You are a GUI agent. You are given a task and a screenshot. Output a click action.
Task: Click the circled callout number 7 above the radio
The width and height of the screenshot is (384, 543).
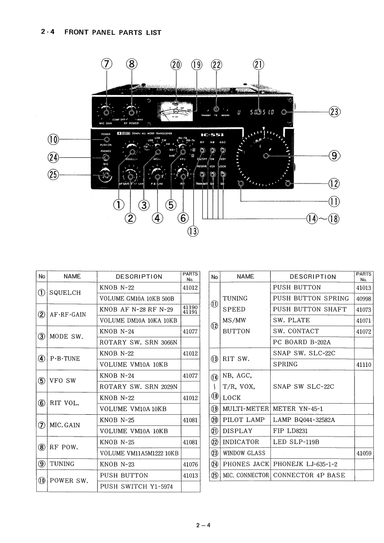coord(107,65)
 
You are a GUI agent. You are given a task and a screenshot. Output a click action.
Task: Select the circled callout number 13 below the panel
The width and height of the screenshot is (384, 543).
coord(193,231)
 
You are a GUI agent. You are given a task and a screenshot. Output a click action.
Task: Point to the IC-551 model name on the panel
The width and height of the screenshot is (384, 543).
coord(212,135)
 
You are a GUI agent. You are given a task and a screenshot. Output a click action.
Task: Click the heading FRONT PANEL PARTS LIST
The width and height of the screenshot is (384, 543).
coord(112,32)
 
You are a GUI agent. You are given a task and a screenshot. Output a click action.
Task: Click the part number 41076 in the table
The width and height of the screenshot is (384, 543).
coord(191,464)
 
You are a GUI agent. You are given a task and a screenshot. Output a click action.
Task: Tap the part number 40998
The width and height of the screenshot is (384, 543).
coord(364,299)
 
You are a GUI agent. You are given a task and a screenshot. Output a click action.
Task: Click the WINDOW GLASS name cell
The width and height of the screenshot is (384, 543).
coord(244,453)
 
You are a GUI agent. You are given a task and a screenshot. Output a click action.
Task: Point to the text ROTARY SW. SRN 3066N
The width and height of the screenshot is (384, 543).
coord(138,343)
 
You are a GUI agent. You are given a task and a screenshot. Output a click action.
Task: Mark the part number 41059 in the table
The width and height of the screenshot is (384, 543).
coord(364,453)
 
